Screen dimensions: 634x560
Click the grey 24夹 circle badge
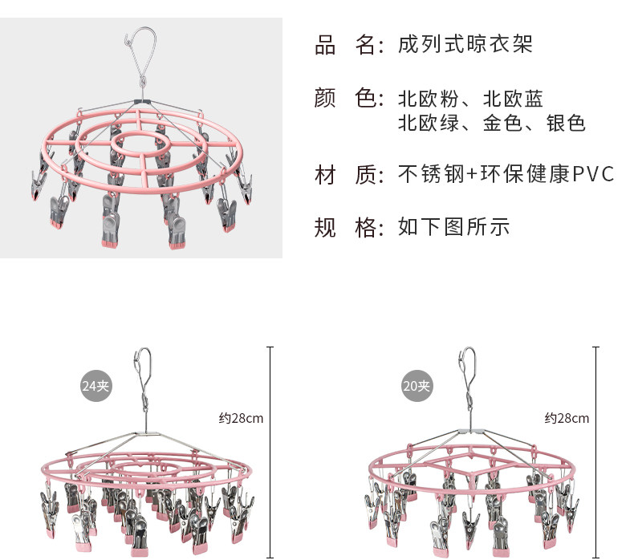point(96,386)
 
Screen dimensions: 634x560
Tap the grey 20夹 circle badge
point(417,387)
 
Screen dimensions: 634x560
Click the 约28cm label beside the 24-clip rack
point(241,418)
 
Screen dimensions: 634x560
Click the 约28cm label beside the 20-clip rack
point(567,418)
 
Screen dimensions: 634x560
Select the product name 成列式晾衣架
point(465,44)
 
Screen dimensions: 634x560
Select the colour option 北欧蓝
point(514,99)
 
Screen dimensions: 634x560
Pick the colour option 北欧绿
point(429,123)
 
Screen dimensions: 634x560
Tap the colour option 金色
point(503,123)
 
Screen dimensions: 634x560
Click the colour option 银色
point(567,123)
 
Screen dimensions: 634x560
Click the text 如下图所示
point(454,228)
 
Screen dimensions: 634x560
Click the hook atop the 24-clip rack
point(144,364)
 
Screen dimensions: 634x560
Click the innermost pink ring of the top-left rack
point(141,145)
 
